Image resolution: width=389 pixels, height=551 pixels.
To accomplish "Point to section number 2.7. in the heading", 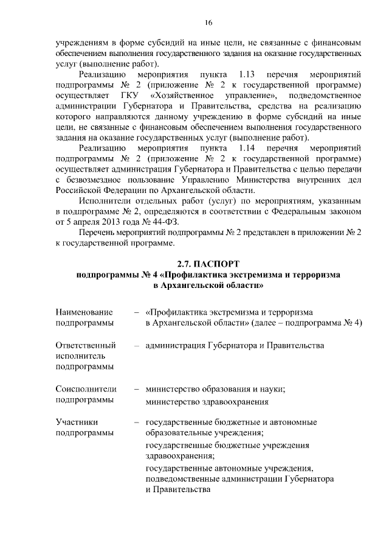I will click(184, 264).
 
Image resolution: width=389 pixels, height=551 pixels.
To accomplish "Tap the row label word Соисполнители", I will click(85, 389).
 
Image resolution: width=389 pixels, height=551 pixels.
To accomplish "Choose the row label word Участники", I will click(77, 422).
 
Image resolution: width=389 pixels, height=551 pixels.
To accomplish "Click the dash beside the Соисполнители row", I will click(138, 389).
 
